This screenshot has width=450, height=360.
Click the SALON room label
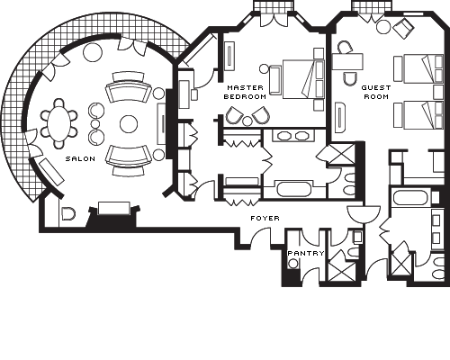click(x=80, y=158)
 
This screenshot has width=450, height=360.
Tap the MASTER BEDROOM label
click(x=245, y=92)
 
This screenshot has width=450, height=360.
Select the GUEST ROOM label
click(x=376, y=92)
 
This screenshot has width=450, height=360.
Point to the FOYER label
click(x=265, y=218)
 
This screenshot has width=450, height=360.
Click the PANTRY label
click(x=306, y=253)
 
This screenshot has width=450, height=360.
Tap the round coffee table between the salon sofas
click(x=129, y=124)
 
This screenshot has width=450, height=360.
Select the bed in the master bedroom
click(x=303, y=79)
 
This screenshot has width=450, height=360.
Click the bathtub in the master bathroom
click(x=295, y=189)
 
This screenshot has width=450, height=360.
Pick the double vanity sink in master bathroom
click(x=293, y=136)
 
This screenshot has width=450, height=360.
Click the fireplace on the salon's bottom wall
click(x=114, y=213)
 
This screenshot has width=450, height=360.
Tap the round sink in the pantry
click(x=292, y=264)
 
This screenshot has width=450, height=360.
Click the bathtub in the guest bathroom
click(x=410, y=197)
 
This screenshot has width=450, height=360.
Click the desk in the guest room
click(x=347, y=62)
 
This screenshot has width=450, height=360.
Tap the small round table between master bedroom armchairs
click(x=247, y=121)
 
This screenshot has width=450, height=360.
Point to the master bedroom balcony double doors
click(x=274, y=19)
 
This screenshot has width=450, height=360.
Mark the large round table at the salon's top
click(x=93, y=52)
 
